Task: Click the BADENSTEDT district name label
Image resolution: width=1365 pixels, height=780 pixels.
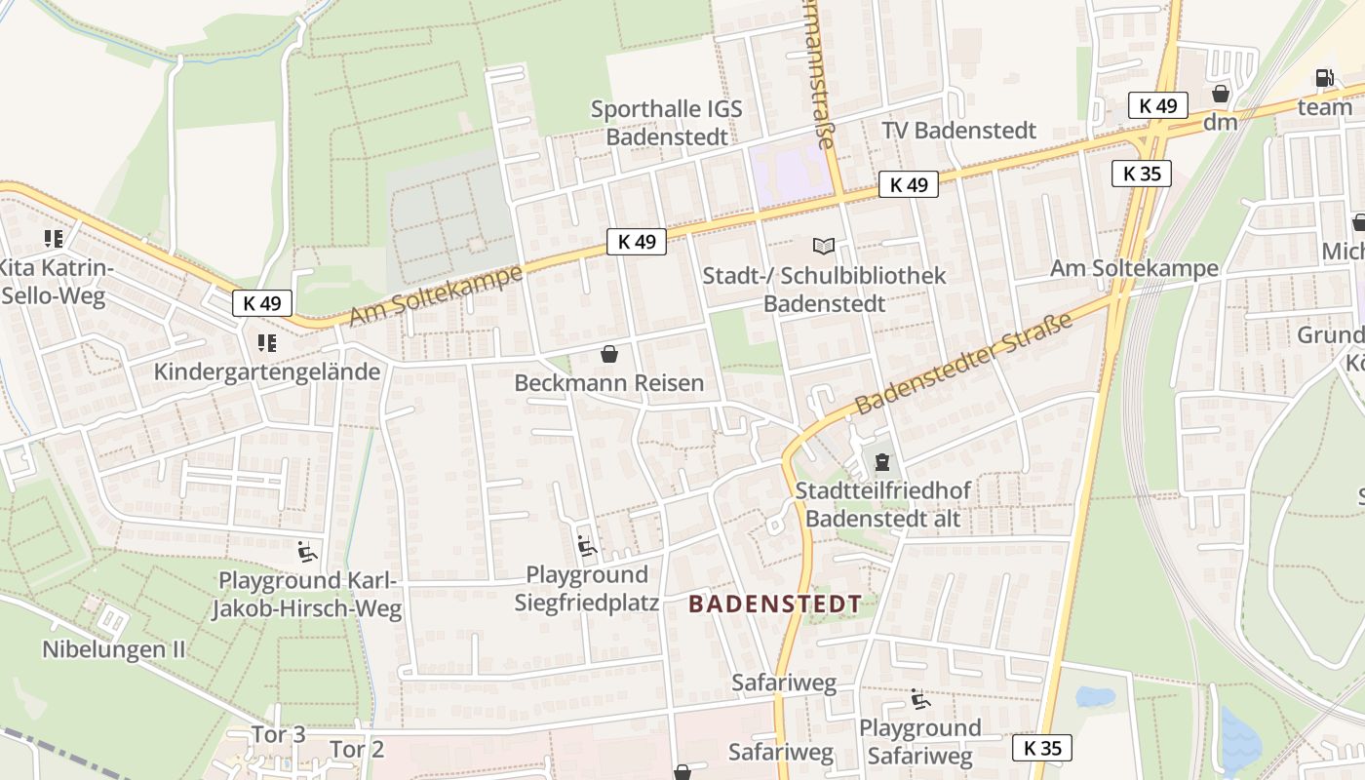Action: pyautogui.click(x=775, y=604)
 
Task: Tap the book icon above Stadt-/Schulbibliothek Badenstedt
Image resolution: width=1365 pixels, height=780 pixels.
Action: pyautogui.click(x=824, y=247)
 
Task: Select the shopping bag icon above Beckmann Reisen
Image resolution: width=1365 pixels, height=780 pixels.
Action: pyautogui.click(x=609, y=354)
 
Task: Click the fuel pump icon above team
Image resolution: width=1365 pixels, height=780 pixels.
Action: pyautogui.click(x=1324, y=78)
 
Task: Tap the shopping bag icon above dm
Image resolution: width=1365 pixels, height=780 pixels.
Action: pyautogui.click(x=1220, y=94)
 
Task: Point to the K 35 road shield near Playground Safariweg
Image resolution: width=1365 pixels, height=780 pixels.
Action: pyautogui.click(x=1041, y=748)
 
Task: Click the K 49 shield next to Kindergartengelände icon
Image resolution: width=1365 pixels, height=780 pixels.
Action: pyautogui.click(x=262, y=303)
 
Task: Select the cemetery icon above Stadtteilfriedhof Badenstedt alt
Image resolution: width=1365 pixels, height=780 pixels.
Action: pyautogui.click(x=882, y=461)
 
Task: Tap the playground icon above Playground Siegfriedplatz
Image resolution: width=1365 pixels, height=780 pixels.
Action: pyautogui.click(x=587, y=546)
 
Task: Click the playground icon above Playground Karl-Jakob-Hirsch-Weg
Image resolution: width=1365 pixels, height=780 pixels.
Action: pyautogui.click(x=307, y=552)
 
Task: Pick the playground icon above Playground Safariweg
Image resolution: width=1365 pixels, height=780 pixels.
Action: pyautogui.click(x=919, y=699)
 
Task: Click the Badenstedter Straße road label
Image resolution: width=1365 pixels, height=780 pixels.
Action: pyautogui.click(x=963, y=363)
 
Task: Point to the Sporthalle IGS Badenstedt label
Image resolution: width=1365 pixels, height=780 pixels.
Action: pyautogui.click(x=667, y=122)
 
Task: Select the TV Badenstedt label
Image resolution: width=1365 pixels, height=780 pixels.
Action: pyautogui.click(x=958, y=131)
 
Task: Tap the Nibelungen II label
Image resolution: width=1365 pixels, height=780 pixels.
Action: pyautogui.click(x=113, y=649)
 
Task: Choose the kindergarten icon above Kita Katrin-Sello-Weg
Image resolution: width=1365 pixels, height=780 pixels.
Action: pyautogui.click(x=54, y=238)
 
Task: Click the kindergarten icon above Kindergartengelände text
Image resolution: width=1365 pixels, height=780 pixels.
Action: pyautogui.click(x=266, y=343)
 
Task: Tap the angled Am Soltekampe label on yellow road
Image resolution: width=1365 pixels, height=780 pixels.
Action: pyautogui.click(x=435, y=296)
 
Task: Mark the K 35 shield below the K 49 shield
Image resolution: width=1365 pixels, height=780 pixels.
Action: pyautogui.click(x=1141, y=174)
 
